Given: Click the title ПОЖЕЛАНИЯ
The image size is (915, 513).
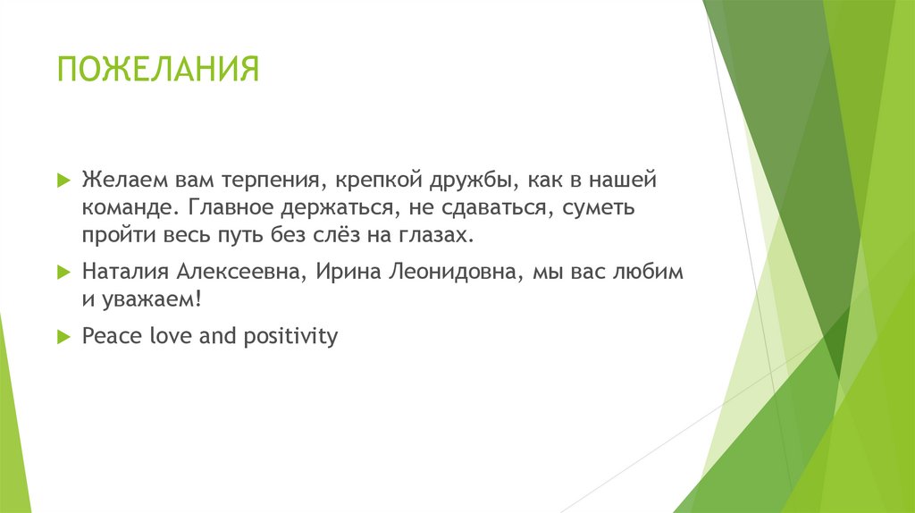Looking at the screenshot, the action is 158,69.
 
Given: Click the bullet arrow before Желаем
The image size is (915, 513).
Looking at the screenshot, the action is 63,180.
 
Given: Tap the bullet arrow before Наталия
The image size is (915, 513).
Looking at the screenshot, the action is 63,272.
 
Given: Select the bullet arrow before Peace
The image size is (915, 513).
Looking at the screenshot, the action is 63,337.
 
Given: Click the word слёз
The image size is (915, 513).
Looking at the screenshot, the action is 332,235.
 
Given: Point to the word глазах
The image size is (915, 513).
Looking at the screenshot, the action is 436,235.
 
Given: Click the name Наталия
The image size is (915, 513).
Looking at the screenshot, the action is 125,272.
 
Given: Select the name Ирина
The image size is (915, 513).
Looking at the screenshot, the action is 348,273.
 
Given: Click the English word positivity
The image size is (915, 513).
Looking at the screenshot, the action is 290,337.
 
